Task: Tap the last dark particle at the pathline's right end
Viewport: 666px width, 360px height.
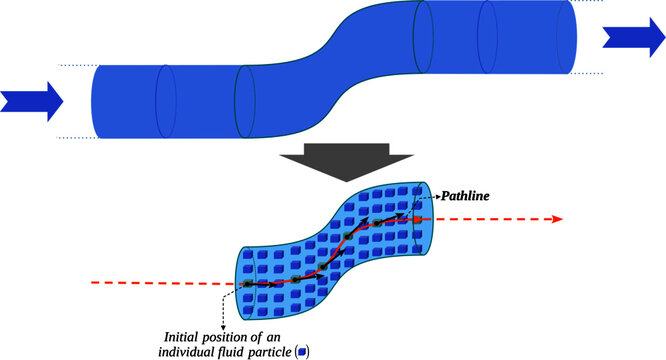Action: pyautogui.click(x=412, y=212)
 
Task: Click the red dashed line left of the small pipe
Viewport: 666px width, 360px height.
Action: pyautogui.click(x=160, y=284)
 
